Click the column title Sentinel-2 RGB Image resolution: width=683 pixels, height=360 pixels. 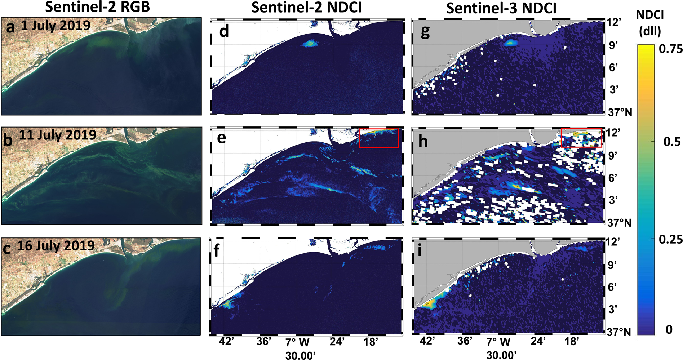pos(97,7)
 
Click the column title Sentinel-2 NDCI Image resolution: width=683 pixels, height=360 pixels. pos(306,7)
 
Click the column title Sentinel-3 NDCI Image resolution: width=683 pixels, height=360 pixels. pos(501,8)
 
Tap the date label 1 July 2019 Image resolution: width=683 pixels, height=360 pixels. pos(55,26)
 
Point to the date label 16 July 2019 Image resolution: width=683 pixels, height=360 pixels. pos(56,246)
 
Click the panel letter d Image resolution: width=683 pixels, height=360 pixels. pos(224,31)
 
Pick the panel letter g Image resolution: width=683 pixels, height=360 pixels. pos(425,32)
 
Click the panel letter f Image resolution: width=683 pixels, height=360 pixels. pos(217,250)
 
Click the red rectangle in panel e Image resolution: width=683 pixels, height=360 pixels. pos(379,138)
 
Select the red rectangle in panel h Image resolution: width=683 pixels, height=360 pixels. pos(581,137)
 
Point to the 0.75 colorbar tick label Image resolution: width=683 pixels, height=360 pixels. pos(670,49)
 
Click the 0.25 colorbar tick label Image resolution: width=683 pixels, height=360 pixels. pos(670,239)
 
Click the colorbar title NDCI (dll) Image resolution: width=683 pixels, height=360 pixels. pos(650,23)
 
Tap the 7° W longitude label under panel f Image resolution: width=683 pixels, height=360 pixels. pos(297,342)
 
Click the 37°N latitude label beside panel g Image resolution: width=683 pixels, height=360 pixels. pos(620,112)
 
